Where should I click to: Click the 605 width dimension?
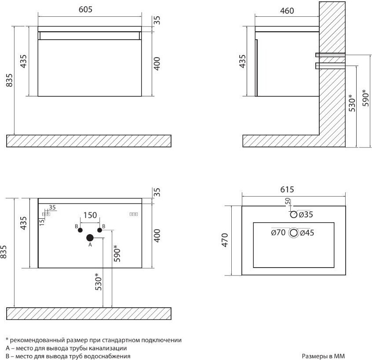click(x=85, y=10)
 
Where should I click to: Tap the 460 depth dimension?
click(x=287, y=11)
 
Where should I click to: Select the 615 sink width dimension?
click(x=287, y=190)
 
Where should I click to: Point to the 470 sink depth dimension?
click(x=225, y=240)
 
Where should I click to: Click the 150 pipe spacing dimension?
click(x=90, y=215)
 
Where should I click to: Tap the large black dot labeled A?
click(x=90, y=238)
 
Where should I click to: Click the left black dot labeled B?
click(x=80, y=230)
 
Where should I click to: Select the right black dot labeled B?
click(x=100, y=230)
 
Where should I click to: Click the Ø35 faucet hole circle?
click(x=294, y=214)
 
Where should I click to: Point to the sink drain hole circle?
click(x=294, y=233)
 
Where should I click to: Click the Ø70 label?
click(x=278, y=232)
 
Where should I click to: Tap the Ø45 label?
click(x=307, y=233)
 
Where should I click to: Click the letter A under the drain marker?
click(x=90, y=245)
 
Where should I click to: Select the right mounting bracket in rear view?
click(x=134, y=214)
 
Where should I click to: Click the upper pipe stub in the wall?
click(x=330, y=55)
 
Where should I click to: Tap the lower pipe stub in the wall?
click(x=330, y=66)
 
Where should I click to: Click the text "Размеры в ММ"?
click(x=323, y=356)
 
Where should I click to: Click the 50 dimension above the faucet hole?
click(x=288, y=201)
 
